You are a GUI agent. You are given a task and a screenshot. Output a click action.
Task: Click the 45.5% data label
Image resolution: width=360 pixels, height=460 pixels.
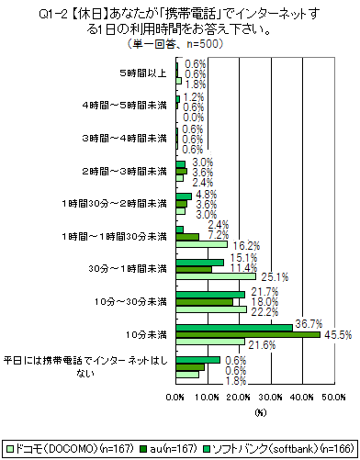coord(336,335)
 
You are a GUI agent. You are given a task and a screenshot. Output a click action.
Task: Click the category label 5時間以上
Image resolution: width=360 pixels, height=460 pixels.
coord(142,71)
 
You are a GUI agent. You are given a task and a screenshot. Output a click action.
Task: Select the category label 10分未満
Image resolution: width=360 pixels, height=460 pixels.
coord(148,334)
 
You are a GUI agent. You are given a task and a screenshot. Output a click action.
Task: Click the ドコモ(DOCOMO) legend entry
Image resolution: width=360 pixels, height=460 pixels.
coord(62,449)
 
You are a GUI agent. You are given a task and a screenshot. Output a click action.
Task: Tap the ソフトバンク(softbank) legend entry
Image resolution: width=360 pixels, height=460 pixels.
coord(279,449)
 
